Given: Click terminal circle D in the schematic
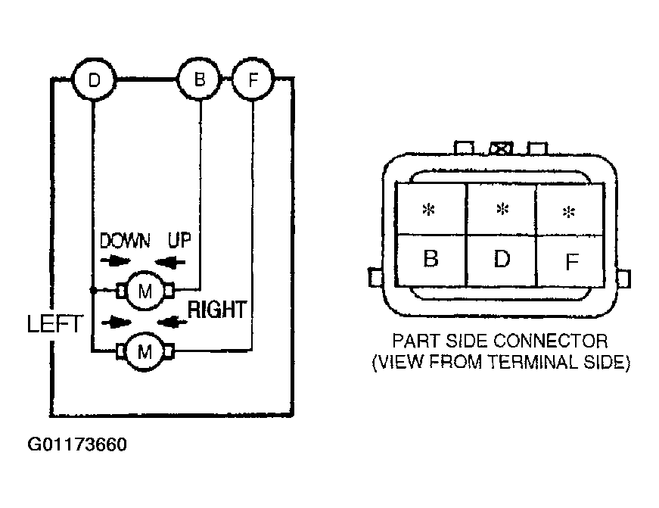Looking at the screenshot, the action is [94, 79].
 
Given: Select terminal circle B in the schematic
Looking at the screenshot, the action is [200, 79].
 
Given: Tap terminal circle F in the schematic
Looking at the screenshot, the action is [253, 79].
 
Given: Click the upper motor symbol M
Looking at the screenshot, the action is [145, 291].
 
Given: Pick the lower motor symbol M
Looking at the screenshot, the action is [145, 351].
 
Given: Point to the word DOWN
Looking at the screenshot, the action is [125, 241].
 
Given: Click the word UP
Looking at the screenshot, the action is [179, 241].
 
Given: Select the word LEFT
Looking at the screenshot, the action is [54, 324].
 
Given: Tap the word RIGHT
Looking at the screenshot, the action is [217, 310].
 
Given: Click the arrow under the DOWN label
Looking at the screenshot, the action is [115, 261].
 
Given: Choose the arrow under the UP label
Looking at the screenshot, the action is [170, 263].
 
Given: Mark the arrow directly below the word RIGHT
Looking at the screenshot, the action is [173, 323].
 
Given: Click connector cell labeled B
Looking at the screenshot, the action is [431, 260].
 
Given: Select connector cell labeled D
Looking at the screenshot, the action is [502, 260].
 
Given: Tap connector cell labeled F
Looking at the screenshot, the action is [570, 260].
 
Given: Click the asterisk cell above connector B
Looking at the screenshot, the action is [431, 209].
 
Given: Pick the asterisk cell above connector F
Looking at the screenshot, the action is [570, 209].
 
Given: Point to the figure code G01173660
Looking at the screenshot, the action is [77, 444].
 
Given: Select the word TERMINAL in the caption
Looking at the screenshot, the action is [533, 362].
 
